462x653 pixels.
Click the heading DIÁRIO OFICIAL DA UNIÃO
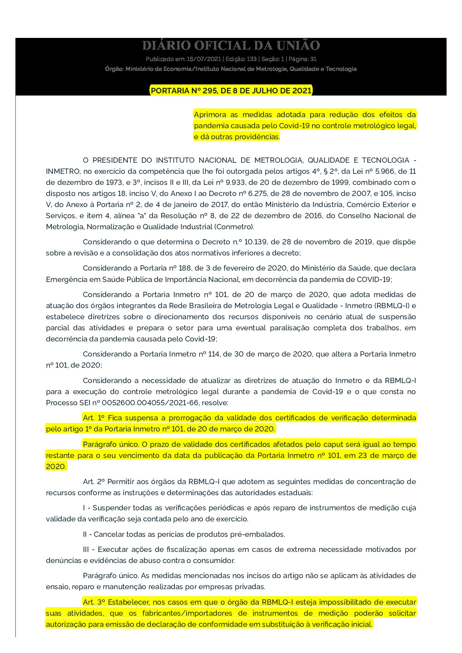point(231,46)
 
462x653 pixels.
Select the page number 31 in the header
point(313,59)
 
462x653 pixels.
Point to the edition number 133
point(252,59)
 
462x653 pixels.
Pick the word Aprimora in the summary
point(210,115)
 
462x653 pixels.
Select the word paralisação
point(289,328)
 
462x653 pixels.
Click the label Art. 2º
point(94,482)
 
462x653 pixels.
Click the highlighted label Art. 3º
point(94,602)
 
